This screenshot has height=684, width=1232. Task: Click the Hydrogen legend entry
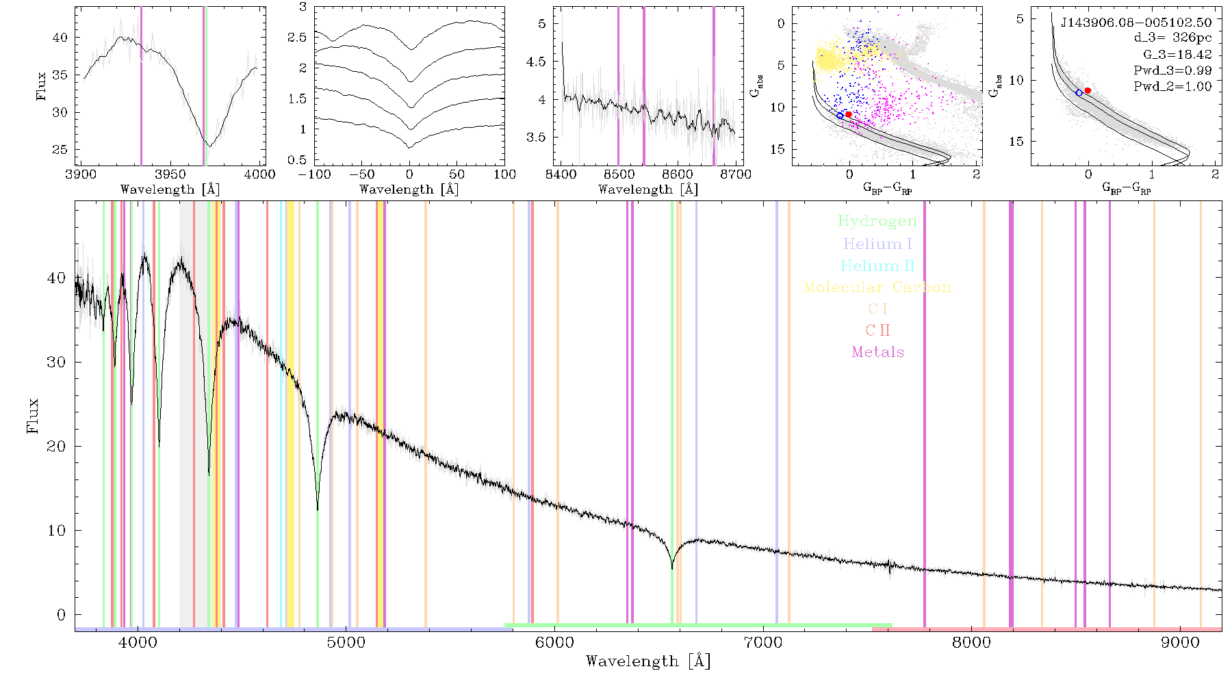877,221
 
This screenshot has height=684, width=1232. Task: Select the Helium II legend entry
877,265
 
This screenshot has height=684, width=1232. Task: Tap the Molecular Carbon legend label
877,287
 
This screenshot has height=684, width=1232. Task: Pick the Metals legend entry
878,352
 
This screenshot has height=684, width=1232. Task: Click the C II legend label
878,330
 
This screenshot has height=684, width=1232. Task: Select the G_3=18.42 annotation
1177,55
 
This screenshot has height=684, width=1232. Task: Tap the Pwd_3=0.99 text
1172,70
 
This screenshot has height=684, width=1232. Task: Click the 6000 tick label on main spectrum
554,642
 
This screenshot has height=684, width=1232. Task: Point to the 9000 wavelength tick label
1180,642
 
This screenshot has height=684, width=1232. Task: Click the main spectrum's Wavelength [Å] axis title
648,661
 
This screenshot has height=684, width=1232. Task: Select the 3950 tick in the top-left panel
170,174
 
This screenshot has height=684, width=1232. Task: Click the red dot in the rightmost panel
1088,90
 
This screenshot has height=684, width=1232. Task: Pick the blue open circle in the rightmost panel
1079,92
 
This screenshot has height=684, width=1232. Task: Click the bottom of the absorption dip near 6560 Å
672,568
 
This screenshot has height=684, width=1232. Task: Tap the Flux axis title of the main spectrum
32,415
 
